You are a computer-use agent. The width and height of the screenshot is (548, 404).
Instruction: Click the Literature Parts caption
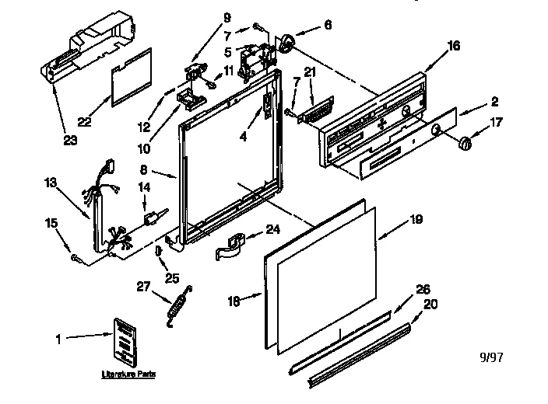[x=128, y=374]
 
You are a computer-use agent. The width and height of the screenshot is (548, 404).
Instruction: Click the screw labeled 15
[x=76, y=257]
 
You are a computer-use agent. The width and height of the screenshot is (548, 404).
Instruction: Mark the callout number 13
[x=50, y=183]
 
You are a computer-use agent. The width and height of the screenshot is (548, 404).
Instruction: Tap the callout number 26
[x=423, y=289]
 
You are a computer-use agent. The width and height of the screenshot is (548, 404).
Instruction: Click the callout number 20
[x=429, y=304]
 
